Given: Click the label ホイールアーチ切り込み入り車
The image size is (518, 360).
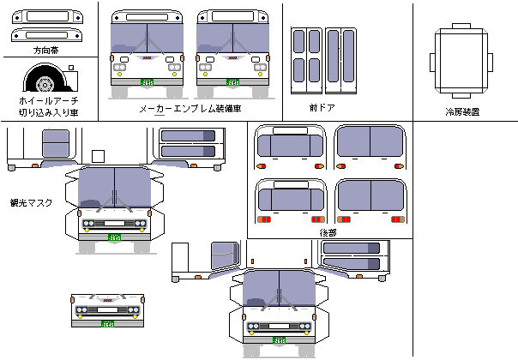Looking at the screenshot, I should (48, 105).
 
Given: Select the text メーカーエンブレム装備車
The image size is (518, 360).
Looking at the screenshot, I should (190, 109).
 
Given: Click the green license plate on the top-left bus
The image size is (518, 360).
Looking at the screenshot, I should (148, 82).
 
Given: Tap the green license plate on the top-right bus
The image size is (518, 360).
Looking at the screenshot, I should (233, 82).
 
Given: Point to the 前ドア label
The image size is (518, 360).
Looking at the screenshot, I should (322, 108).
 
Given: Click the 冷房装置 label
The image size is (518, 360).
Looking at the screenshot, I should (461, 111).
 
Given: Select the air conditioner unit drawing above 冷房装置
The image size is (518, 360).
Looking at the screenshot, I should (461, 61).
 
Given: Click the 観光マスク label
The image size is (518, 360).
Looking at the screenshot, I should (32, 203).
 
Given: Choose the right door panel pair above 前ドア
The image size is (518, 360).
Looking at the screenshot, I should (340, 61).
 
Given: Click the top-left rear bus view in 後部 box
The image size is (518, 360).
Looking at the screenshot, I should (291, 148).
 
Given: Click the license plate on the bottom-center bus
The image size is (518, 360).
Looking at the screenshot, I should (280, 340).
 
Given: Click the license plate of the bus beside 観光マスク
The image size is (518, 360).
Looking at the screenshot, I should (115, 237).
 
